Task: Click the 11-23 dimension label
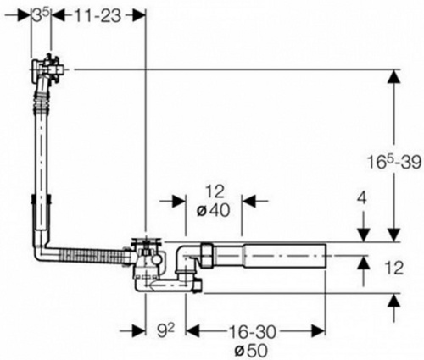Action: pyautogui.click(x=98, y=16)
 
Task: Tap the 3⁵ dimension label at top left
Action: pyautogui.click(x=41, y=16)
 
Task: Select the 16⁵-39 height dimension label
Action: pyautogui.click(x=394, y=162)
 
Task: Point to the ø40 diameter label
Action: pyautogui.click(x=214, y=210)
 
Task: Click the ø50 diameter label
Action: pyautogui.click(x=251, y=351)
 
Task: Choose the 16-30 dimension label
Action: pyautogui.click(x=252, y=332)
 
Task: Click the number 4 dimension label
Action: pyautogui.click(x=362, y=198)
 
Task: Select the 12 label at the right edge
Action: pyautogui.click(x=394, y=268)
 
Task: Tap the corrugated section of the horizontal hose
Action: pyautogui.click(x=92, y=256)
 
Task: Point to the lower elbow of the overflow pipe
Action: pyautogui.click(x=42, y=247)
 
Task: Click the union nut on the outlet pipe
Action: pyautogui.click(x=208, y=255)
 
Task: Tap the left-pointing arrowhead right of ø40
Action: pyautogui.click(x=248, y=201)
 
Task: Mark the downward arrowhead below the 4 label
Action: pyautogui.click(x=363, y=235)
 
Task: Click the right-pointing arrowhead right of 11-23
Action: pyautogui.click(x=138, y=16)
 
